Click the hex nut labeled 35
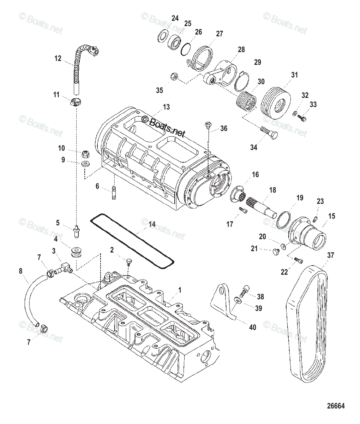[x=174, y=76]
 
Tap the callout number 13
[x=166, y=107]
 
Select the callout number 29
[x=257, y=62]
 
